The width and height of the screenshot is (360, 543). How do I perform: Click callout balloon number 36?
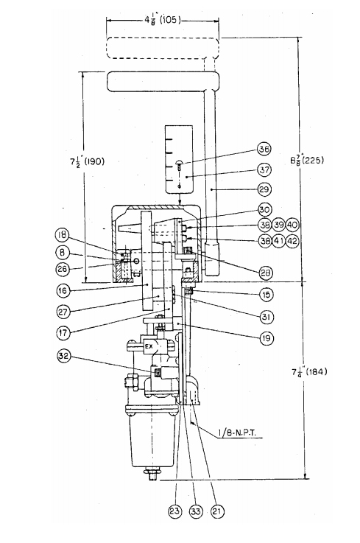(264, 149)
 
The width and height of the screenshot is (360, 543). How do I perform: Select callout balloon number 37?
(264, 169)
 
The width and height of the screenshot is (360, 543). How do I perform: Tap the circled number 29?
(264, 189)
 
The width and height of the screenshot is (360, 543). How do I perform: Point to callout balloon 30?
(265, 209)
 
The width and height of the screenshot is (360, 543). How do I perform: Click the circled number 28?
(267, 273)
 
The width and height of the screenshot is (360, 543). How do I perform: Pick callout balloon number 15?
(267, 295)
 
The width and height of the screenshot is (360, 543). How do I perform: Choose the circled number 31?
(267, 317)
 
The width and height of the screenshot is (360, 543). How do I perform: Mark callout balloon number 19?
(267, 337)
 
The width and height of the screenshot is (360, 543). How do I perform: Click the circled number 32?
(64, 356)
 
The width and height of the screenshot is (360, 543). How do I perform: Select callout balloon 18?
(63, 236)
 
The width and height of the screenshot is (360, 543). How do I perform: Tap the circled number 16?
(63, 290)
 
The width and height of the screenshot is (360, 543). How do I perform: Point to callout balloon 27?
(64, 312)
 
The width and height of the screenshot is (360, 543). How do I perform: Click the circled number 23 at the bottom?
(175, 511)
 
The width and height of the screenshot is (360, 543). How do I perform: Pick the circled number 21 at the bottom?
(216, 511)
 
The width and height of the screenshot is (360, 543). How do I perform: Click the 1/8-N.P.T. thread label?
(237, 433)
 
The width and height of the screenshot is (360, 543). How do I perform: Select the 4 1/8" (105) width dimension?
(163, 20)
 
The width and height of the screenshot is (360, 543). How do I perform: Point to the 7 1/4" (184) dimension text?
(308, 372)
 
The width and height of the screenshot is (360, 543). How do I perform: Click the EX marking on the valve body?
(149, 346)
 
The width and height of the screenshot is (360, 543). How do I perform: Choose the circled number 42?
(292, 240)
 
